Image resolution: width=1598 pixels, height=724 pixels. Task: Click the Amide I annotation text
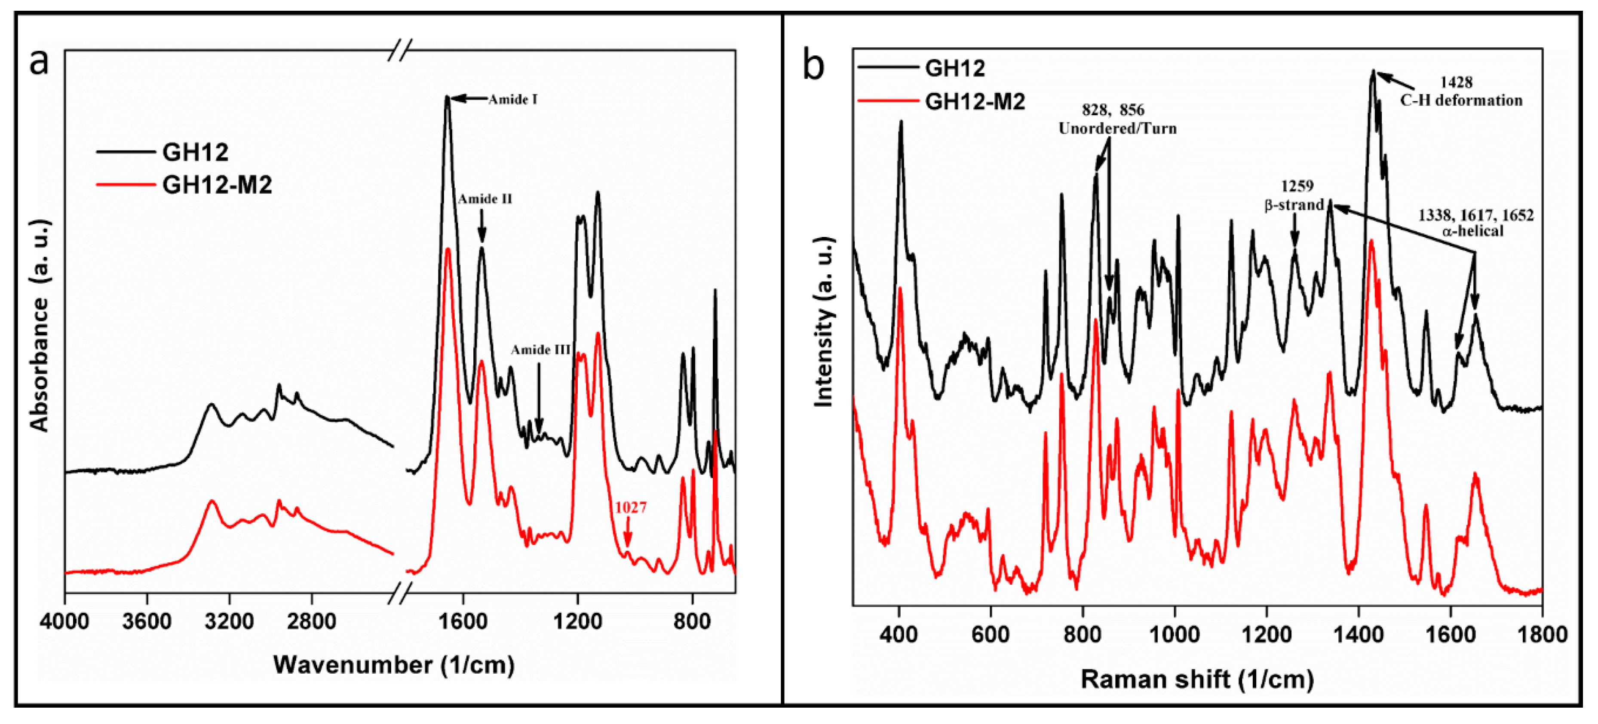[512, 99]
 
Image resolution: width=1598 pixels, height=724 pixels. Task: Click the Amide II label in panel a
[485, 199]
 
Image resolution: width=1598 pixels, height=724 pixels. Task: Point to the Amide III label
[540, 350]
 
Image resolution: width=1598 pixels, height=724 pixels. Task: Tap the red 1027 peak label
[630, 507]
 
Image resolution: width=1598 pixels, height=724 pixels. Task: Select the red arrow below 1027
[627, 534]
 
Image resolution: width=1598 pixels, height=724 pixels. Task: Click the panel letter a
[38, 62]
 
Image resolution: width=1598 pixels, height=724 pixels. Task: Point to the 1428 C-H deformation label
[1460, 91]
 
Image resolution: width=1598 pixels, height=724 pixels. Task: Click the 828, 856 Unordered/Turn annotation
[1117, 119]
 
